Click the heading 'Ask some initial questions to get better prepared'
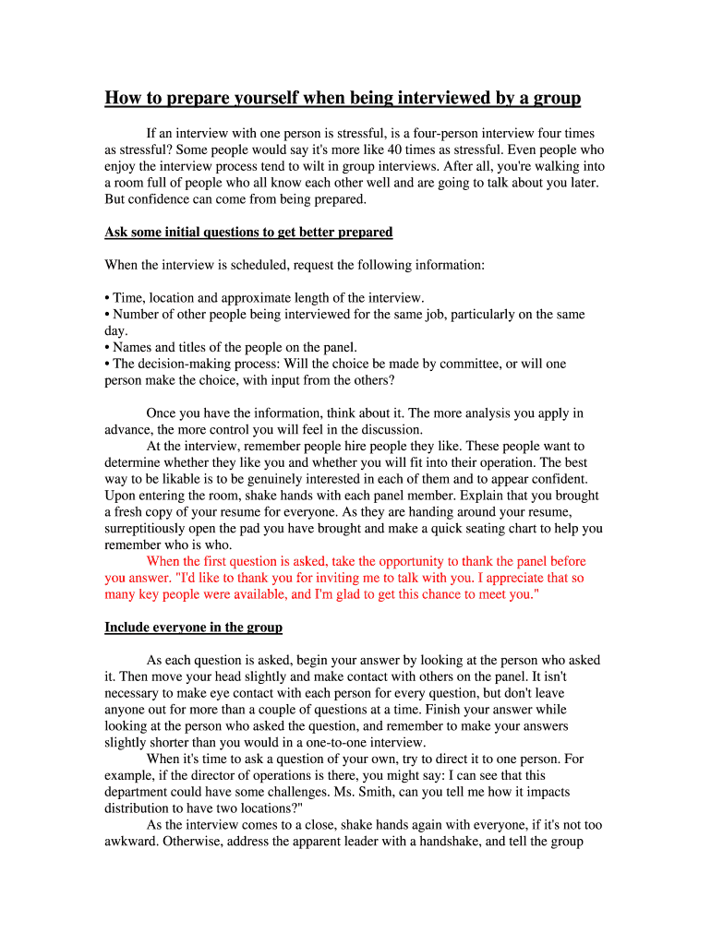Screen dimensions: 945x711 [x=248, y=232]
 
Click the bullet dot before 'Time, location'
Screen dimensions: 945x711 [x=107, y=298]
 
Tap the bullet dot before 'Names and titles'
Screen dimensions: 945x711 [x=107, y=348]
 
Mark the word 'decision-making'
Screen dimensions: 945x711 [x=186, y=364]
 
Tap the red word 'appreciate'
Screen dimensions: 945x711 [x=504, y=578]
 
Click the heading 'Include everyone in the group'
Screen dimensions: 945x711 [x=193, y=628]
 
